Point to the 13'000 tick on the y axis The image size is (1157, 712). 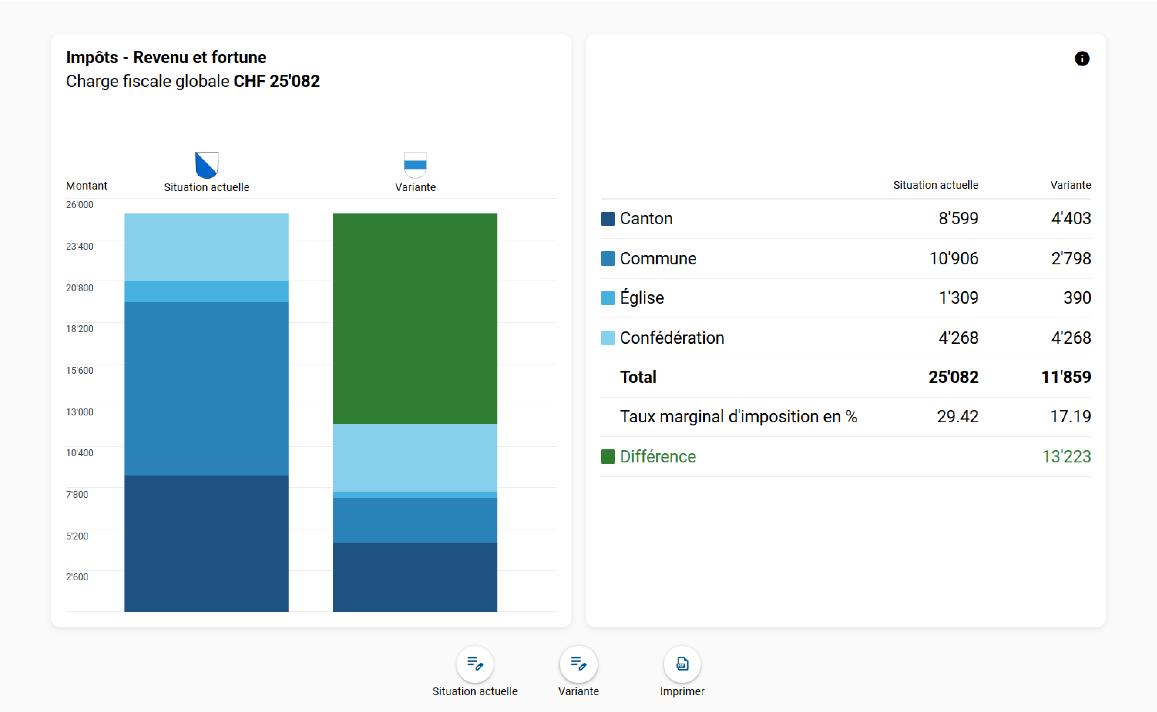tap(79, 412)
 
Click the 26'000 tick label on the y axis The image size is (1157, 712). tap(79, 205)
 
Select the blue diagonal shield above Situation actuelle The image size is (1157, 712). tap(207, 165)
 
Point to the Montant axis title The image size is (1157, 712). tap(87, 186)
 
